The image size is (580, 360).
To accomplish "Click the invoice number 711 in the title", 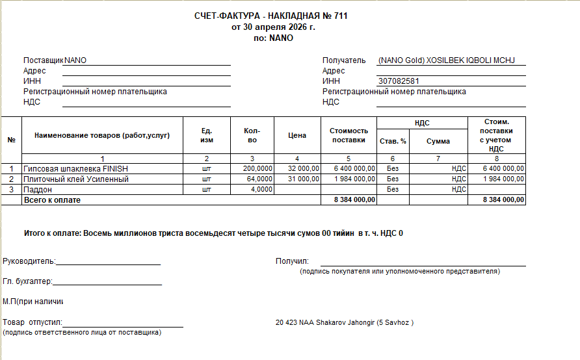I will click(340, 16).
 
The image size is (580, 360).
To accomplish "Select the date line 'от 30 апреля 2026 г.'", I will click(273, 27).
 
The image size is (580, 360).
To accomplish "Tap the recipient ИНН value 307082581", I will click(398, 81).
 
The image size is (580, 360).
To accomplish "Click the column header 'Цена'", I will click(297, 135).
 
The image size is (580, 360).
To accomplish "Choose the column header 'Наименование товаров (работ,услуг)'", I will click(102, 135).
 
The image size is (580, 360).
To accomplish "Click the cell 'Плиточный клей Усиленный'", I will click(76, 179).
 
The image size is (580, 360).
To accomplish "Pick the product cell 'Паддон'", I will click(38, 189).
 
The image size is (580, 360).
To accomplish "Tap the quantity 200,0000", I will click(257, 168).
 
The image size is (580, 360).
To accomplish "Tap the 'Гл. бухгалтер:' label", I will click(27, 281).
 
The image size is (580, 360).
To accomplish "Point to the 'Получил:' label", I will click(292, 261).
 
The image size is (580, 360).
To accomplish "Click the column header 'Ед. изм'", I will click(207, 135).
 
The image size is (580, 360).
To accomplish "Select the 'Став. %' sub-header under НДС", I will click(393, 141).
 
